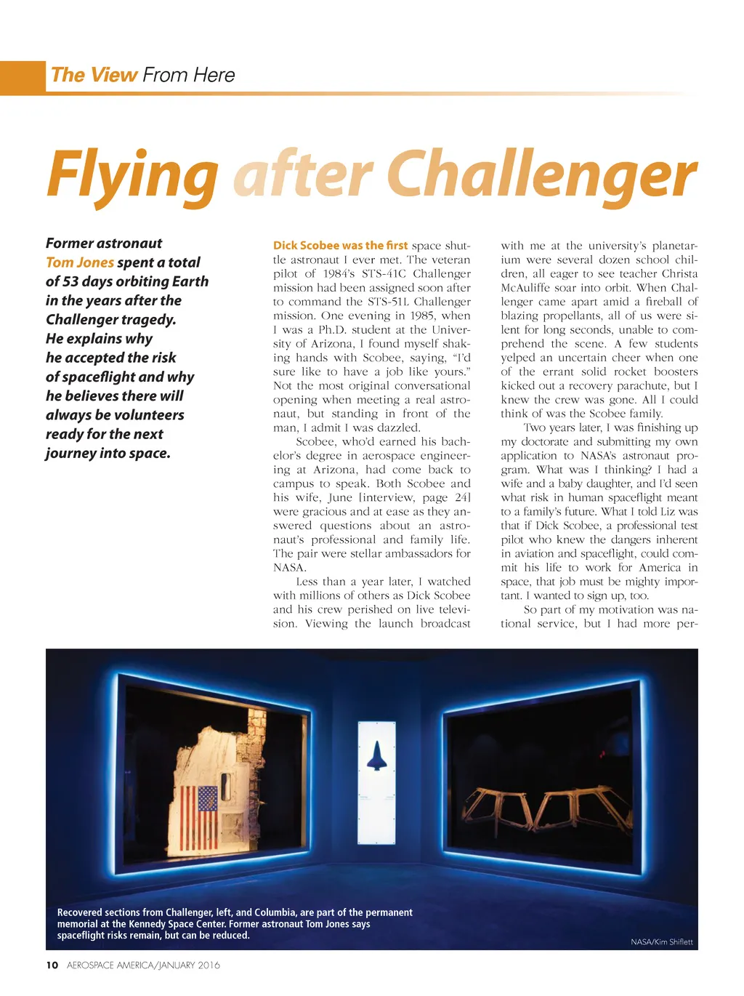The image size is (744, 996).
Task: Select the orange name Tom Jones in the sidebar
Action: [80, 262]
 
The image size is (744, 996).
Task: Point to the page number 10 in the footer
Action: [52, 965]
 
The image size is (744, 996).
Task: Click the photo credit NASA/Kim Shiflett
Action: [661, 942]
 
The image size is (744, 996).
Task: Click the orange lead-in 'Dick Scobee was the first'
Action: [340, 246]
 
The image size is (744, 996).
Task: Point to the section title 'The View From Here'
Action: [142, 75]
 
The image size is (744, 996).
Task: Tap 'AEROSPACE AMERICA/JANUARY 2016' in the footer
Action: [143, 965]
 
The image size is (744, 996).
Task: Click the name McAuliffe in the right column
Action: [526, 288]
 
